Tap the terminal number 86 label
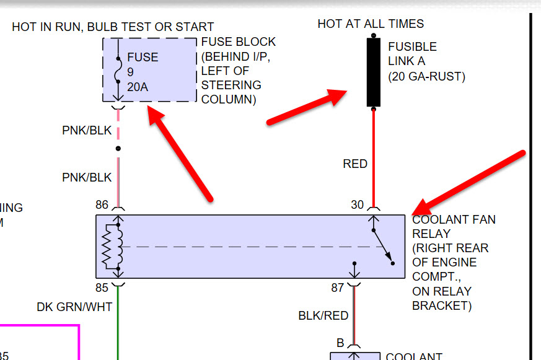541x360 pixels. [102, 204]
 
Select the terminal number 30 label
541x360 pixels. [358, 204]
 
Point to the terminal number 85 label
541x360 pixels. [102, 288]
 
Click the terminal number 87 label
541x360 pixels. [338, 288]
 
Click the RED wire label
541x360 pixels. [355, 164]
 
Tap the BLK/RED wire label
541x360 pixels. [323, 315]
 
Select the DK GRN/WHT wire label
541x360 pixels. [74, 306]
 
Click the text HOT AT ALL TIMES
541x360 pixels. [371, 24]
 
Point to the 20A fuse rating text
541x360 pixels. [138, 87]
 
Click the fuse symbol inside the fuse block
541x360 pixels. [118, 71]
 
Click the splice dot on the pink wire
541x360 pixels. [118, 149]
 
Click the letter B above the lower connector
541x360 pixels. [340, 342]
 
